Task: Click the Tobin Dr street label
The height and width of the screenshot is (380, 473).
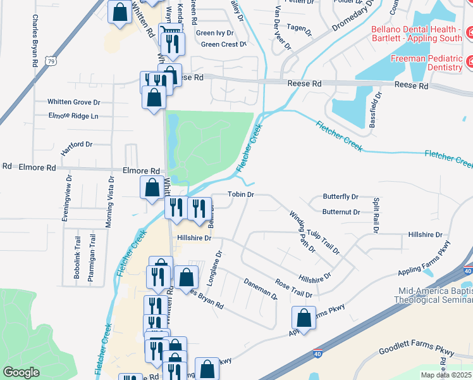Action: click(240, 194)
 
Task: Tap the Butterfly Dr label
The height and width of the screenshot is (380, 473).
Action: click(340, 197)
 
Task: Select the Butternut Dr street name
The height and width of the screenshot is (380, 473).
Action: click(341, 212)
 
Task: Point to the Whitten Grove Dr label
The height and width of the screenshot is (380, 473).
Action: click(74, 101)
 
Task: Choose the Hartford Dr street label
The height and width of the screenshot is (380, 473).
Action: click(77, 149)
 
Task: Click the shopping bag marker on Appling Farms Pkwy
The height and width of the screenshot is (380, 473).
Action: click(304, 319)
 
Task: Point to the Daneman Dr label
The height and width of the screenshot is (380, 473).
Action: click(261, 291)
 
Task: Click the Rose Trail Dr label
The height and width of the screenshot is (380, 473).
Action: click(293, 288)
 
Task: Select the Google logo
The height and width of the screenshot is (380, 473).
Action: click(21, 372)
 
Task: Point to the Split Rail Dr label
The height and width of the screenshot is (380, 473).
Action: click(375, 215)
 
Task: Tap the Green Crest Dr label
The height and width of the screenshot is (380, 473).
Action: click(223, 44)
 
